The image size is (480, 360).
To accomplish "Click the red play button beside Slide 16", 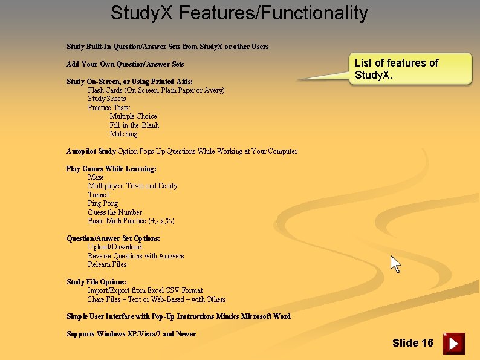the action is (x=453, y=343).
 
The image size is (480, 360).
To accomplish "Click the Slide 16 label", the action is (x=412, y=343).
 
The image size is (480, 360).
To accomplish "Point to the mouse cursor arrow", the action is (x=395, y=264).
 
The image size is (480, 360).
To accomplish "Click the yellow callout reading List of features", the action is (x=410, y=69).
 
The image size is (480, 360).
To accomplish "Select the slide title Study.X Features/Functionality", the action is (x=239, y=13).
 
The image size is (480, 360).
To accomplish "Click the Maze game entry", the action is (x=96, y=177).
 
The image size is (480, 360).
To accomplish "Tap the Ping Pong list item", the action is (x=103, y=203).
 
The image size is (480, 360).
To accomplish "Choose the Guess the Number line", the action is (x=115, y=212).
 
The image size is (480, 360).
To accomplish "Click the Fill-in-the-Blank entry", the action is (x=134, y=125).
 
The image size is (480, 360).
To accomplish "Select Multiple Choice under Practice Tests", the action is (x=133, y=116).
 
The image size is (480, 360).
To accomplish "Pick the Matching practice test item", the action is (x=123, y=134).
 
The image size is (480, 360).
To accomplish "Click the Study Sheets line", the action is (x=107, y=99).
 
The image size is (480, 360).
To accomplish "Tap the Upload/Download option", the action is (x=115, y=247).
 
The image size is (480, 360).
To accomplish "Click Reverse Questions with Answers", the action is (x=136, y=256).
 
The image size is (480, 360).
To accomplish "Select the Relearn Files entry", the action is (x=107, y=264).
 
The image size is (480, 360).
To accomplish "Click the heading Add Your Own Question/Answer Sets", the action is (x=125, y=64).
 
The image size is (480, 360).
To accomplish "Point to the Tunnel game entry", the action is (x=99, y=195).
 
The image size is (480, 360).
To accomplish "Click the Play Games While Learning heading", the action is (x=111, y=169).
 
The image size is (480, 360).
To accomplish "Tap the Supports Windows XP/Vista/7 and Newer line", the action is (x=131, y=334).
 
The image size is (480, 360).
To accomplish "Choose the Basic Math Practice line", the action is (x=131, y=221).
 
